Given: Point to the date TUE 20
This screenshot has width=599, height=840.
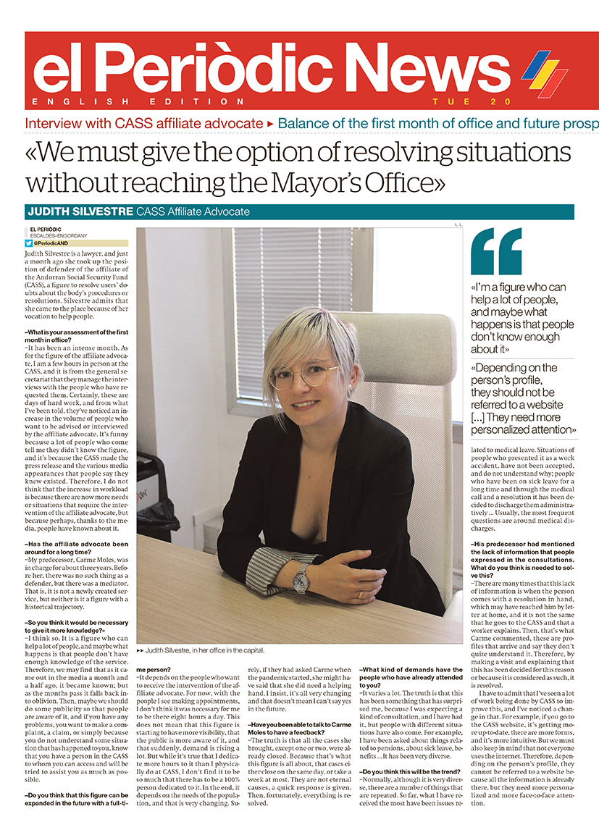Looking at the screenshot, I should (x=472, y=101).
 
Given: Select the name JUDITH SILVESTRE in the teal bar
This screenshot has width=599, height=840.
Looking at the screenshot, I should (x=80, y=211).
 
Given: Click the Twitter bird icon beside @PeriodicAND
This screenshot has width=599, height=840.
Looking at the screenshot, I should (x=29, y=244).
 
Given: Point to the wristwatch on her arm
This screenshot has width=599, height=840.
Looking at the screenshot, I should (x=300, y=577).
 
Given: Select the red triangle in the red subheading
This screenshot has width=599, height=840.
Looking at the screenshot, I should (x=270, y=124).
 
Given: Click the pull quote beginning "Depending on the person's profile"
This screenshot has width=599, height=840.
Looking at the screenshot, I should (x=524, y=398).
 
